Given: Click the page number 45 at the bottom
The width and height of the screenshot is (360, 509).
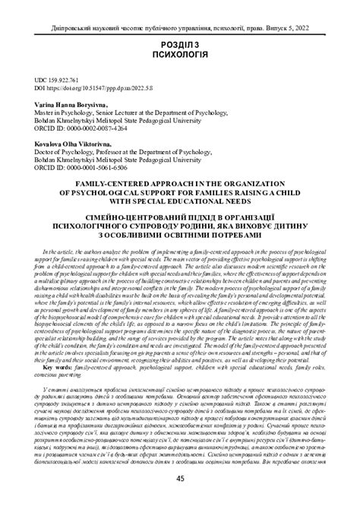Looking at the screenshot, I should (x=179, y=478).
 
